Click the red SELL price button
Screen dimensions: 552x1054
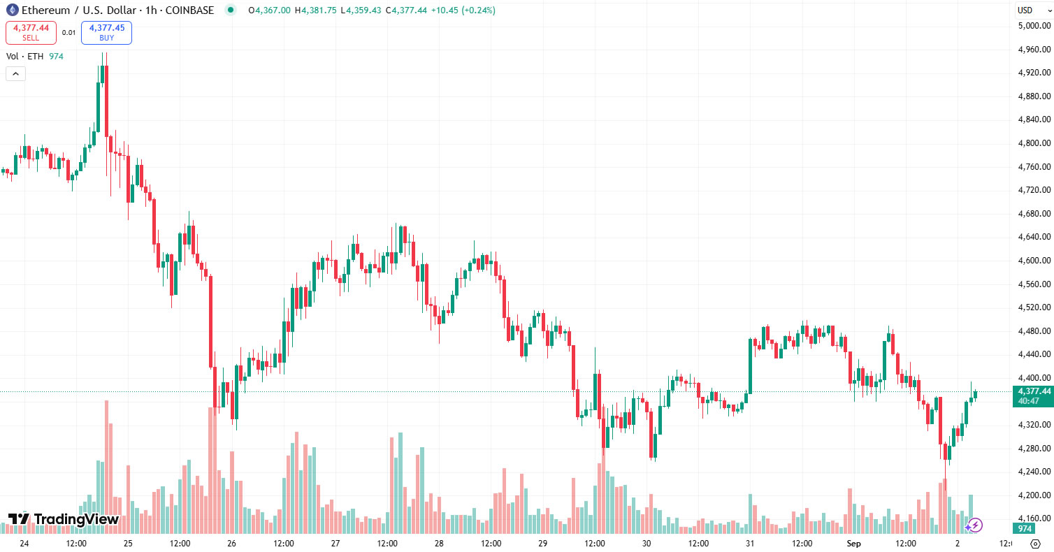[x=30, y=32]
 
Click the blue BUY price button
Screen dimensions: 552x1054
[x=106, y=32]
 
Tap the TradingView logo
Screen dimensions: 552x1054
[x=63, y=519]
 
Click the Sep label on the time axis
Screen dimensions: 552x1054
[x=853, y=543]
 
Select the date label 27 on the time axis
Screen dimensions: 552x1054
[x=335, y=543]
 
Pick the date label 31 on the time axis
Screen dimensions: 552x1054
[x=750, y=543]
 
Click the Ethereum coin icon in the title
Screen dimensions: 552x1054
[x=12, y=10]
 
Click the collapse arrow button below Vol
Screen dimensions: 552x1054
[x=15, y=73]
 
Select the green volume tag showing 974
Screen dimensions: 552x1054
[x=1025, y=529]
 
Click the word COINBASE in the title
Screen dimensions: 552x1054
[x=189, y=10]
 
